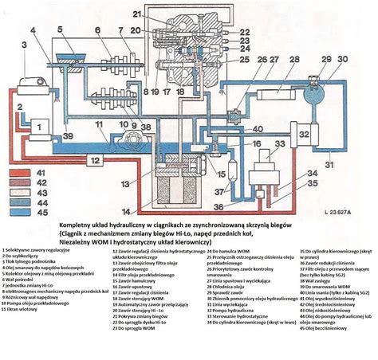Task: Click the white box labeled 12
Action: (x=94, y=160)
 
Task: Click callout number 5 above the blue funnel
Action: (x=61, y=29)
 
